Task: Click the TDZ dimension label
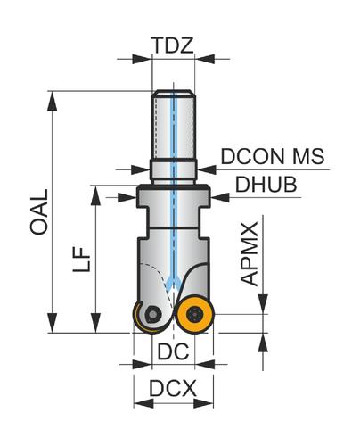172,45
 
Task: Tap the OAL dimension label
39,212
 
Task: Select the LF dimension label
81,259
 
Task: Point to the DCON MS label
273,156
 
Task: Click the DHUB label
266,185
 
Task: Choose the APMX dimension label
250,253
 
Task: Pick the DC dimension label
173,351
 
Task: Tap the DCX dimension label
173,388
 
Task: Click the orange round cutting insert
194,314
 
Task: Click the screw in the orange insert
194,314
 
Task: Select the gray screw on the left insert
152,313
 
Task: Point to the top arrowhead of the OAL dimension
53,101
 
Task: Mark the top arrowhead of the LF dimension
95,195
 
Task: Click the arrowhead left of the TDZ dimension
142,59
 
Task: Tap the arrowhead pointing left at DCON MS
206,169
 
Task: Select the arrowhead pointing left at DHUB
220,197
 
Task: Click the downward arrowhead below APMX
263,304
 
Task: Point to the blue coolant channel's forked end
173,283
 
